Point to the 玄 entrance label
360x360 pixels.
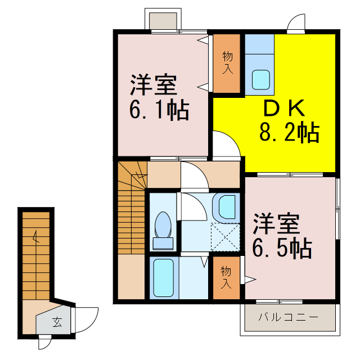click(57, 322)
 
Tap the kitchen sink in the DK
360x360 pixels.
click(261, 79)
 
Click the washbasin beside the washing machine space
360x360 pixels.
click(227, 207)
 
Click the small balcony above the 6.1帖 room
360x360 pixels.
click(163, 19)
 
